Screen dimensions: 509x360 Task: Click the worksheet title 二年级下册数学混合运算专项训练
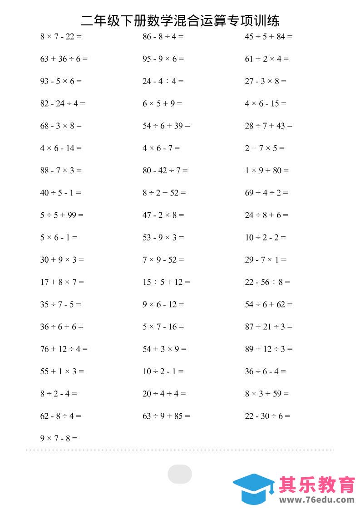pyautogui.click(x=180, y=20)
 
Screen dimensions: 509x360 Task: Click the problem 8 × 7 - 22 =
pyautogui.click(x=61, y=37)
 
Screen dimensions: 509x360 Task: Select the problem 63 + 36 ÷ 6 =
pyautogui.click(x=64, y=59)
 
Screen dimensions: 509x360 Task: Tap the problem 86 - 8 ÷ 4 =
pyautogui.click(x=163, y=37)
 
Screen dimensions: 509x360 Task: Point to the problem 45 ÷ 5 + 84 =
pyautogui.click(x=268, y=37)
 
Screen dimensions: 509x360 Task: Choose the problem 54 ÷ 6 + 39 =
pyautogui.click(x=166, y=126)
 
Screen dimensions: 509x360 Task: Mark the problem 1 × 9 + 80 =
pyautogui.click(x=266, y=171)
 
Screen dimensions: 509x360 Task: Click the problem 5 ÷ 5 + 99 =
pyautogui.click(x=62, y=215)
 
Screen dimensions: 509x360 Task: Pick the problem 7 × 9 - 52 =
pyautogui.click(x=163, y=260)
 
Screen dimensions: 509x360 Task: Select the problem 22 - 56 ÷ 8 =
pyautogui.click(x=267, y=282)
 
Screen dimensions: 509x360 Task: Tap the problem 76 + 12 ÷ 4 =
pyautogui.click(x=64, y=349)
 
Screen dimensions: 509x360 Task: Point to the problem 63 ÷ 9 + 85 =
pyautogui.click(x=166, y=416)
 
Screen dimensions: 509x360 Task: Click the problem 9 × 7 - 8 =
pyautogui.click(x=59, y=439)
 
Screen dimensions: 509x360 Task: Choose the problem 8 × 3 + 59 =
pyautogui.click(x=266, y=394)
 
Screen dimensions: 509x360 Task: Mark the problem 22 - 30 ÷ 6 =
pyautogui.click(x=267, y=416)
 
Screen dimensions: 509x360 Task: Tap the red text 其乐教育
pyautogui.click(x=316, y=485)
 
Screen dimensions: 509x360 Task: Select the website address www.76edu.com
pyautogui.click(x=317, y=500)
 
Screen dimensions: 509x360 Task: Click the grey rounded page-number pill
pyautogui.click(x=180, y=474)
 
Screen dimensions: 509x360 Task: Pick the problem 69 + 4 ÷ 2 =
pyautogui.click(x=266, y=193)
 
